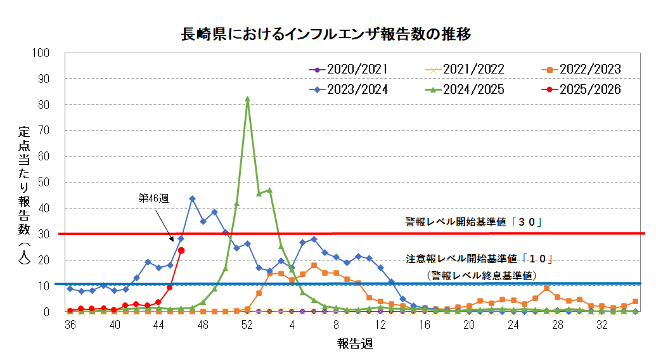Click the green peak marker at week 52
[247, 99]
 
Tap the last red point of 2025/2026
[181, 250]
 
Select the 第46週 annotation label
[153, 198]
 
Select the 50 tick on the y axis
[43, 183]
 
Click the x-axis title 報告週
[354, 344]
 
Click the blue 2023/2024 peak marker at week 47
[192, 199]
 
